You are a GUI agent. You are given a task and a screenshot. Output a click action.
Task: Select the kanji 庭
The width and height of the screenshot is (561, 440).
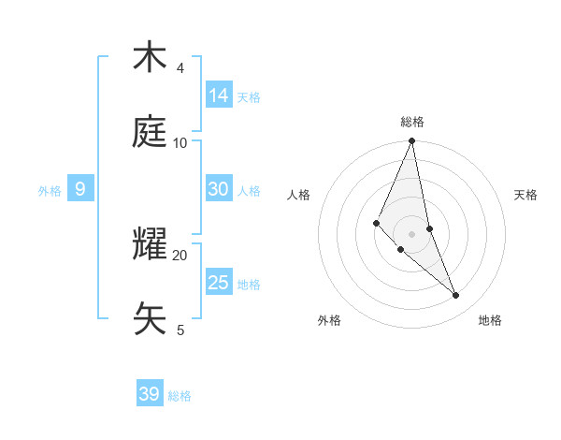click(150, 133)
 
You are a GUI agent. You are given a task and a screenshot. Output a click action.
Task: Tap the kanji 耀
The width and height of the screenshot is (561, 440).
click(150, 245)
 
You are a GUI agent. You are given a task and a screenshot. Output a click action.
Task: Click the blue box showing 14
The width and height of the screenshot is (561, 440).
click(219, 95)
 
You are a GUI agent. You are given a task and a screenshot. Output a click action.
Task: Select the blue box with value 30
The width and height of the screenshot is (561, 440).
click(219, 188)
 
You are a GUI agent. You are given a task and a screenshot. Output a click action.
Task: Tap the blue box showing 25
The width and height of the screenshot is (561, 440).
click(219, 282)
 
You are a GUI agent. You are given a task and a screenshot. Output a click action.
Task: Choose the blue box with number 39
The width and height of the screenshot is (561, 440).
click(150, 394)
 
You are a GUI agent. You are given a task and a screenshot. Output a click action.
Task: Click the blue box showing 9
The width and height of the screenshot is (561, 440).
click(80, 189)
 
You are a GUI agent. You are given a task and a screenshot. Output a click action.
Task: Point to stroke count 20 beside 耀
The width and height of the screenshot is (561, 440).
click(180, 255)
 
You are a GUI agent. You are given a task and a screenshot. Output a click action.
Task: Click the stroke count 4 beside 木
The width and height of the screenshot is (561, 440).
click(180, 68)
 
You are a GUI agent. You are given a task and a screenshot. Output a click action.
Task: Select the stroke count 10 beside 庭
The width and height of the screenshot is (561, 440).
click(180, 143)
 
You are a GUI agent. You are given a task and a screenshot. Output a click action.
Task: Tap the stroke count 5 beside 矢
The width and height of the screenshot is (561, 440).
click(180, 330)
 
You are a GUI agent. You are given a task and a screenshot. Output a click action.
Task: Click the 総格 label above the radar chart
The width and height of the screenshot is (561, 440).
click(412, 122)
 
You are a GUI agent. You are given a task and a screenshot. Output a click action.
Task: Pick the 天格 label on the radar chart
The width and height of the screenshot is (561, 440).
click(525, 195)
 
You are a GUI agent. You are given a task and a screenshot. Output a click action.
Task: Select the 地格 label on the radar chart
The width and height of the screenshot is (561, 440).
click(490, 320)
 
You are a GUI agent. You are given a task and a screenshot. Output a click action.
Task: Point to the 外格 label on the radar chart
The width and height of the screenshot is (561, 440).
click(329, 320)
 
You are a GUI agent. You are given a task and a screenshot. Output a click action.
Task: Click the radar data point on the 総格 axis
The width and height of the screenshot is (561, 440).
click(412, 141)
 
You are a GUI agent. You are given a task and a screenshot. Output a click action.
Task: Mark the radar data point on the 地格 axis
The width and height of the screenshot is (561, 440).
click(456, 295)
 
